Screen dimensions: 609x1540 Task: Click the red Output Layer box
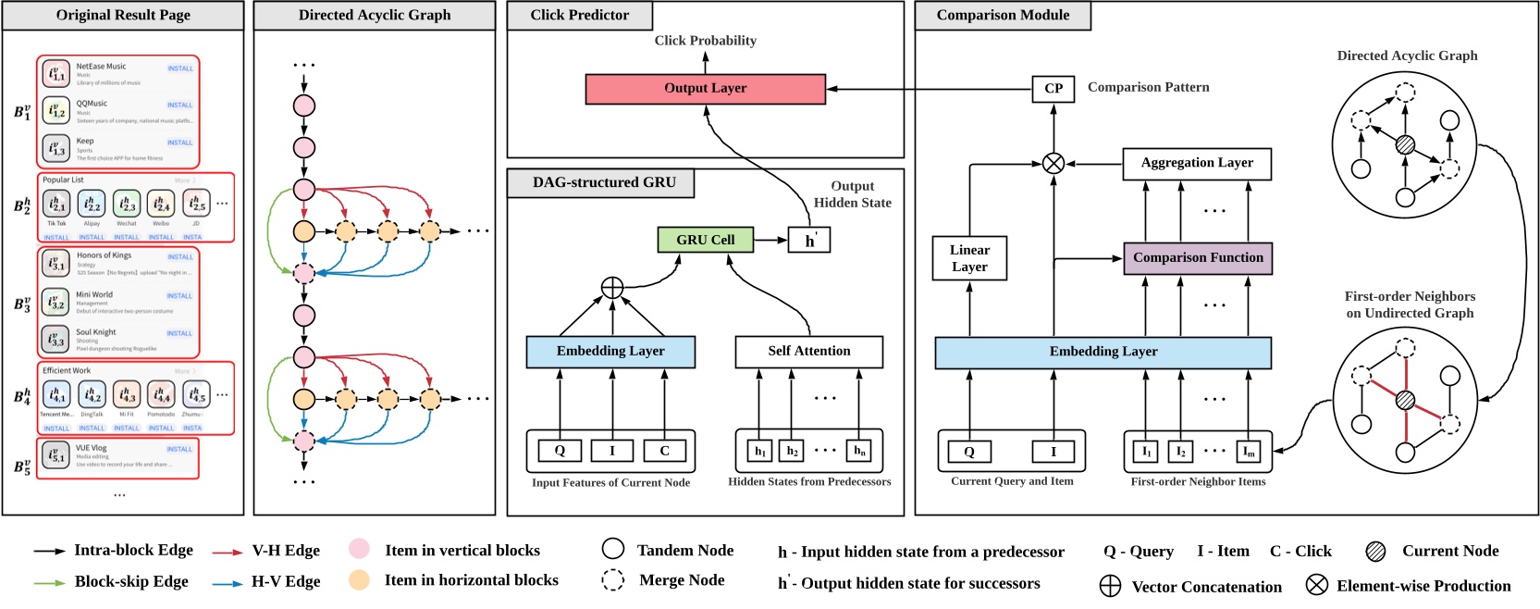(705, 89)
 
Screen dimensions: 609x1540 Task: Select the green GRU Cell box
(705, 240)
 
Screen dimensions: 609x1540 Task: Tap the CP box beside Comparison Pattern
(1053, 89)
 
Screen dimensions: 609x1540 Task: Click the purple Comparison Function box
(1198, 258)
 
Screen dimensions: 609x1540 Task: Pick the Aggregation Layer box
(1197, 163)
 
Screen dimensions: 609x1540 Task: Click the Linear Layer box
(969, 258)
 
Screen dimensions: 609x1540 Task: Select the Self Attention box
(808, 351)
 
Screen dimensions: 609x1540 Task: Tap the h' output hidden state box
(809, 241)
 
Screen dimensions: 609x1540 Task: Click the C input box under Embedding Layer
(664, 451)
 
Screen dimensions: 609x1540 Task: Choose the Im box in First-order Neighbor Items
(1249, 452)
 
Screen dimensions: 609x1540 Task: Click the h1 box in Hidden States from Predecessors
(759, 451)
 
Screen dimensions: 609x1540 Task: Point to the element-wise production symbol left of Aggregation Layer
(1053, 164)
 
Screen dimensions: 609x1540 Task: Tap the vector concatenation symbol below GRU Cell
(612, 288)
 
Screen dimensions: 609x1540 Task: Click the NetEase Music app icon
(57, 73)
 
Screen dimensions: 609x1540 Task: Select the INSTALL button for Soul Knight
(180, 333)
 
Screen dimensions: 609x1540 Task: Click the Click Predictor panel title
(580, 16)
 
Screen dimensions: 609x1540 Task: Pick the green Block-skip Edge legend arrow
(50, 582)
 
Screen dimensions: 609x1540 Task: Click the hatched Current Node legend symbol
(1375, 552)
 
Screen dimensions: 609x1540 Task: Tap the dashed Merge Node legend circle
(612, 580)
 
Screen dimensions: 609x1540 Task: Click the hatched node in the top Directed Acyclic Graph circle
(1405, 144)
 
